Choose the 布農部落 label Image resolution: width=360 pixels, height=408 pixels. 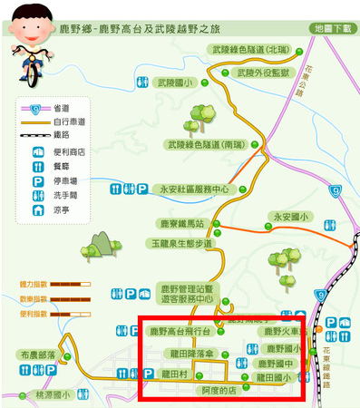[x=38, y=355]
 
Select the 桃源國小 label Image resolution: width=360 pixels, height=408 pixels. [x=53, y=395]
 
